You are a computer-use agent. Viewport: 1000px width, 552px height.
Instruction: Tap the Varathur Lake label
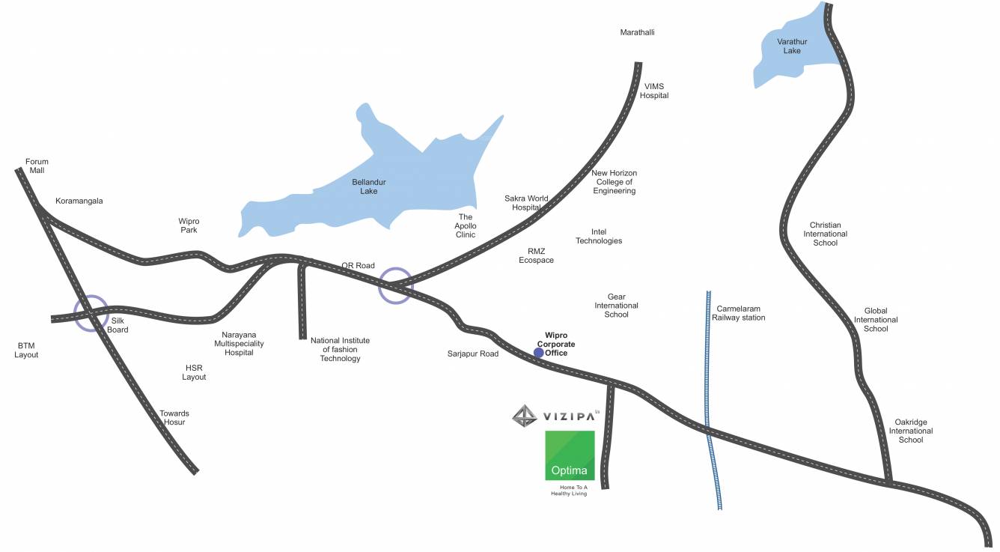[792, 46]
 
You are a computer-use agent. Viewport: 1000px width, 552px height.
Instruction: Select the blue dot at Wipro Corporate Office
[538, 353]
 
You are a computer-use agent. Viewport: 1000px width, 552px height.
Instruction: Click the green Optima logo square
[570, 455]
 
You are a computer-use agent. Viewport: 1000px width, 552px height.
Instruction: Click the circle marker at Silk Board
[91, 313]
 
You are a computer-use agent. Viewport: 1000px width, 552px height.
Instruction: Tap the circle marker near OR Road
[395, 285]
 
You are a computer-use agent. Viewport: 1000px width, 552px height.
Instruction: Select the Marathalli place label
[638, 32]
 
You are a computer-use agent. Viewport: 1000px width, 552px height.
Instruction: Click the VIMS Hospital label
[654, 91]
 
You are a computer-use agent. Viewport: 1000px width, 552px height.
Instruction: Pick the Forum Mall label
[36, 166]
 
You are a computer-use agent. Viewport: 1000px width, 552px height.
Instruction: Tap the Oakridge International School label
[911, 431]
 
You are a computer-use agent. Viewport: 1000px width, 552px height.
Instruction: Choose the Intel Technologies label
[599, 237]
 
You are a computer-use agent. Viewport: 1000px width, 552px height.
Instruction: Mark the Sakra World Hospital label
[526, 203]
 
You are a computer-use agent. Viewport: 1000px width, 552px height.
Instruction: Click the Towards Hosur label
[174, 418]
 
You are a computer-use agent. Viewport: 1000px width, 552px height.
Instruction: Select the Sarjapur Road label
[473, 354]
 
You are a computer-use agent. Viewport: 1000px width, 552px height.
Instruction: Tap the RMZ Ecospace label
[536, 255]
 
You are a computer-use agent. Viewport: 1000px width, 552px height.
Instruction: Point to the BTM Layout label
[26, 350]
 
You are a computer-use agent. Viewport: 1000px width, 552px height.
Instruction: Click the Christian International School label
[826, 234]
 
